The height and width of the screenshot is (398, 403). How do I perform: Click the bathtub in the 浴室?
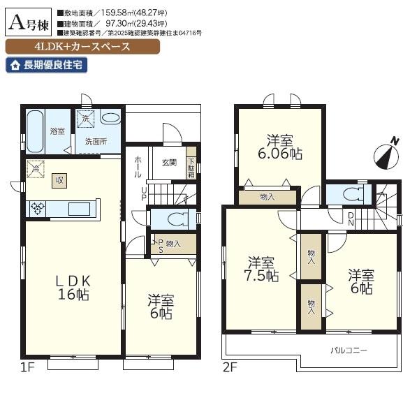click(x=35, y=130)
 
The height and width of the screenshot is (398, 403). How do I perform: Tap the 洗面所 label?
click(x=96, y=141)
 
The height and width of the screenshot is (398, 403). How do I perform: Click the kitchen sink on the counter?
click(x=78, y=208)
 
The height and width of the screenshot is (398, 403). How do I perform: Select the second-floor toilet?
click(x=350, y=195)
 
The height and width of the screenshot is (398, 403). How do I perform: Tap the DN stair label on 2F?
click(x=351, y=219)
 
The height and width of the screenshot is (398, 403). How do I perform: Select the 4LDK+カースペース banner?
click(x=82, y=47)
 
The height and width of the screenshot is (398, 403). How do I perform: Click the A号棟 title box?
click(x=29, y=23)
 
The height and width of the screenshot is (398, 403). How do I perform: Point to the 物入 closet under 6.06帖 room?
click(x=267, y=198)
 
